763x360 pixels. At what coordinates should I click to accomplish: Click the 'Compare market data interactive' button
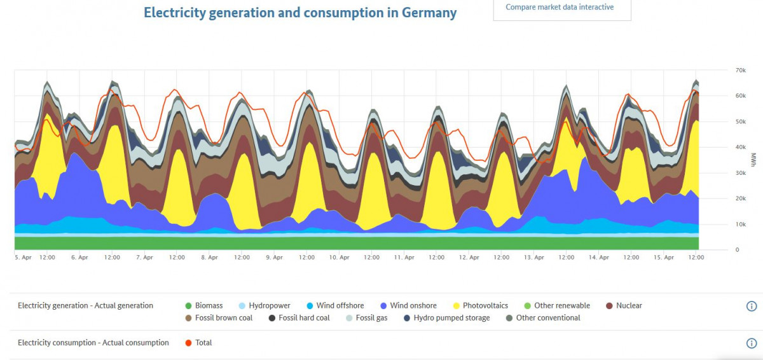point(560,8)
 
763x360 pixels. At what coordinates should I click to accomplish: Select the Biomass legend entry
point(203,306)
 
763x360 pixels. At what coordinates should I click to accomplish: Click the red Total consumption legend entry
point(198,343)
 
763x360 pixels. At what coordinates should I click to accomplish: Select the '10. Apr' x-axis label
point(340,258)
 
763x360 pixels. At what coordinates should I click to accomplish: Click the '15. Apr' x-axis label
point(664,258)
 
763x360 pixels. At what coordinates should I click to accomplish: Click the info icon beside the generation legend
point(751,307)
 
